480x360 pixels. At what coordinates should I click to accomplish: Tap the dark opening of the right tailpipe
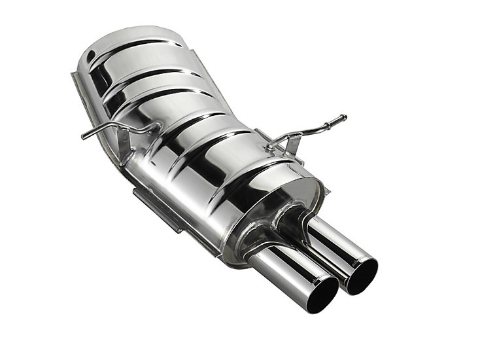coord(362,276)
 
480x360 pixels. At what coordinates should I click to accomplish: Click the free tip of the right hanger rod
coord(344,118)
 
